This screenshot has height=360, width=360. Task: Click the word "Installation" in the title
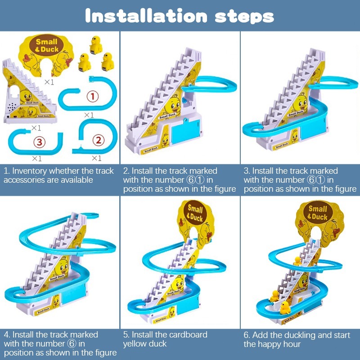click(x=146, y=16)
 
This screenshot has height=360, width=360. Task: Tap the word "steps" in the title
click(x=244, y=17)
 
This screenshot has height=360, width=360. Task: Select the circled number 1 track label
click(x=93, y=96)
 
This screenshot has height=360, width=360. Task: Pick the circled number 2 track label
click(x=99, y=140)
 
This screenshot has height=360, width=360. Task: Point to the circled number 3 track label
click(x=40, y=142)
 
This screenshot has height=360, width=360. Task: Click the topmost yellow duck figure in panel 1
click(x=96, y=45)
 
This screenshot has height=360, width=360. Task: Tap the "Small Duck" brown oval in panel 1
click(x=47, y=45)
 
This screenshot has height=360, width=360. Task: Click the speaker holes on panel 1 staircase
click(x=12, y=107)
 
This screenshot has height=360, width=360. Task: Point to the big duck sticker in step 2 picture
click(x=172, y=106)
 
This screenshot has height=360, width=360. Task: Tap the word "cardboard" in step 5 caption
click(x=188, y=334)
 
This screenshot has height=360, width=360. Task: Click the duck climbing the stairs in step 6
click(x=297, y=261)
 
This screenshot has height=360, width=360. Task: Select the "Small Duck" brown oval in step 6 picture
click(x=318, y=213)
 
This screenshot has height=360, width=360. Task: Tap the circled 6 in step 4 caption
click(x=72, y=344)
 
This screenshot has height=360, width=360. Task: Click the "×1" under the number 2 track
click(x=96, y=158)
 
